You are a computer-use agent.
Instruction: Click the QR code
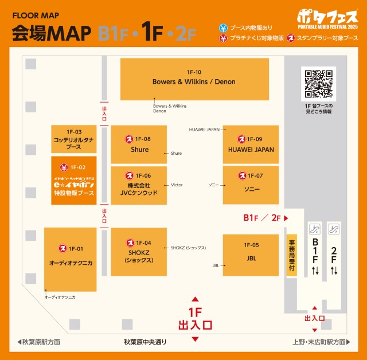tap(318, 84)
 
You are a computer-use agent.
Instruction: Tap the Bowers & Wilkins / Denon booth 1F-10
tap(194, 79)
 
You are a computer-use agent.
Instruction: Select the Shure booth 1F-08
tap(139, 144)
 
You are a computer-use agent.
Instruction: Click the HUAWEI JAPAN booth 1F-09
tap(251, 144)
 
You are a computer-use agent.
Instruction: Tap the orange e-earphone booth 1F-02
tap(73, 181)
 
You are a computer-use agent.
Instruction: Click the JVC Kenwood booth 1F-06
tap(139, 185)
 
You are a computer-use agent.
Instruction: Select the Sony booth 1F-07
tap(251, 185)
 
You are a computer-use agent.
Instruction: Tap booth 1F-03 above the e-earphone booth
tap(73, 139)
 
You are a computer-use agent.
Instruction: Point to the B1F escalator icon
tap(314, 229)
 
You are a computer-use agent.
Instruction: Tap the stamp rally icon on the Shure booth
tap(130, 139)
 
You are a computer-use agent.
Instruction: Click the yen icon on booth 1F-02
tap(64, 167)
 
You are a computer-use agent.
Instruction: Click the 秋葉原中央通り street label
tap(145, 342)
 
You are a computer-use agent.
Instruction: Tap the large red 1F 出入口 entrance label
tap(195, 319)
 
